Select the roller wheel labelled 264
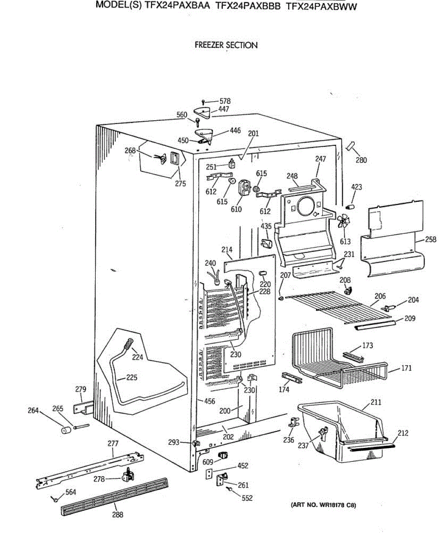67,430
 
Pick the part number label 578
225,102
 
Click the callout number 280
361,160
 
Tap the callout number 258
431,240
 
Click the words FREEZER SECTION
226,45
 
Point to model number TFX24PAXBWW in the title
321,7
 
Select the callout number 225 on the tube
131,377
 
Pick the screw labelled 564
55,498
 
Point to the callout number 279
80,389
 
